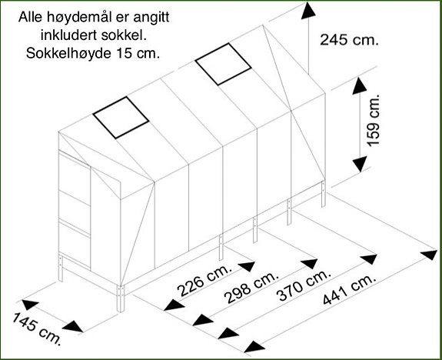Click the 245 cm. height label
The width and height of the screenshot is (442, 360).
pos(349,39)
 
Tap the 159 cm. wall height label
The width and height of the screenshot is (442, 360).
pos(374,120)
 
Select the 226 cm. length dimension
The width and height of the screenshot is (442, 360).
pos(204,280)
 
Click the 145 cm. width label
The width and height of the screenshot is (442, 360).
pos(37,328)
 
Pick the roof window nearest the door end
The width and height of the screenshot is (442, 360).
pos(121,118)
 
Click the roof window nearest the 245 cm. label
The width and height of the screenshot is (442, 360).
pos(223,64)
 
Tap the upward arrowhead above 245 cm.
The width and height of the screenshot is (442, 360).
pos(308,11)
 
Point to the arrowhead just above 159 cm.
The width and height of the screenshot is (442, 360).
pos(360,85)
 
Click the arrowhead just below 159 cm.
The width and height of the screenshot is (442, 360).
pos(360,164)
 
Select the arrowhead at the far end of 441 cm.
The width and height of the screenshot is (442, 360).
pos(429,255)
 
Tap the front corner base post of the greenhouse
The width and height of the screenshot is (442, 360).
pos(121,298)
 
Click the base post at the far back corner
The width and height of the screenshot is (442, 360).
pos(324,194)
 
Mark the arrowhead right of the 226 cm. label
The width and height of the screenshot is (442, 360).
pos(247,266)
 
